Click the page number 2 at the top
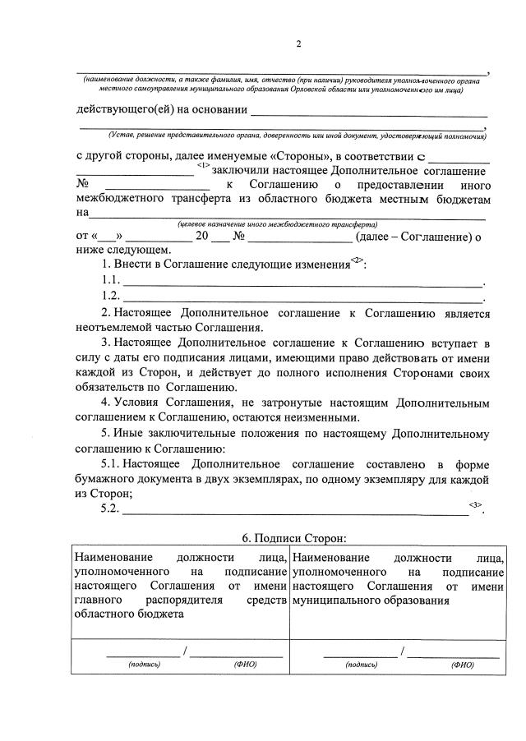pos(298,44)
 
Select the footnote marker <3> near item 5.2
pos(476,504)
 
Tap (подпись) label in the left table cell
pos(144,665)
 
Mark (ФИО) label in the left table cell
pos(246,665)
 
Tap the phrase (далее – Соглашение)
pos(412,237)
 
